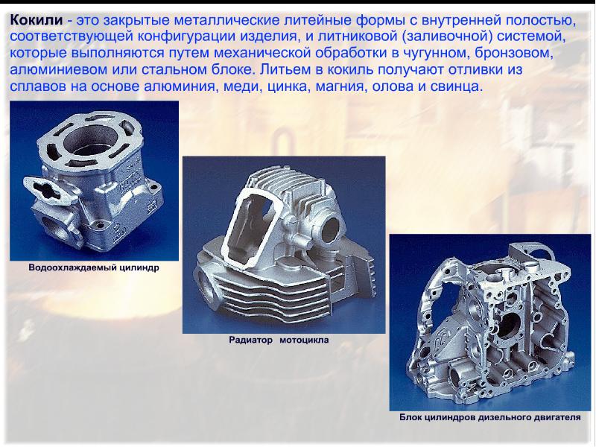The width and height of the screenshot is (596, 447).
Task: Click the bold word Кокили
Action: (x=36, y=20)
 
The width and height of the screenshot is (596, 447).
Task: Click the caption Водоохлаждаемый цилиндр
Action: (x=94, y=267)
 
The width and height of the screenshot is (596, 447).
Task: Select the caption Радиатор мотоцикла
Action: (x=279, y=340)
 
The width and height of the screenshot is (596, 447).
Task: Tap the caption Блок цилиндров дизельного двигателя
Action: (x=490, y=417)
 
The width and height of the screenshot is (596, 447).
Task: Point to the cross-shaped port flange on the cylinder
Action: (x=45, y=188)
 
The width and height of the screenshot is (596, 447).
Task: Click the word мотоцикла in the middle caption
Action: (x=304, y=340)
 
